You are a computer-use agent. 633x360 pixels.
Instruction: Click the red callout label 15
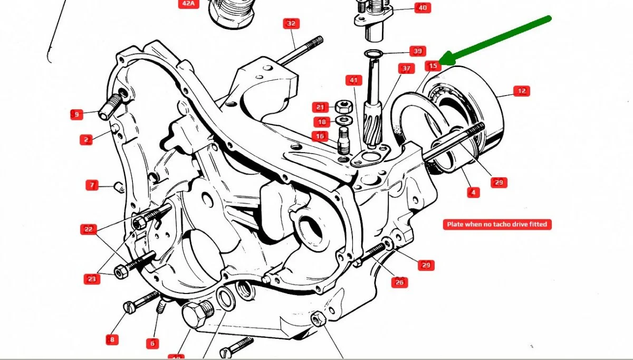[433, 66]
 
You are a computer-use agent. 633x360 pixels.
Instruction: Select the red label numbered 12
[521, 91]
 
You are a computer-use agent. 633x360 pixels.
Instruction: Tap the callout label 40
[422, 7]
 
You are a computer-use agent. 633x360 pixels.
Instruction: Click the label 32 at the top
[291, 23]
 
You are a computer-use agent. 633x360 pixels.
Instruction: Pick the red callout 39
[417, 51]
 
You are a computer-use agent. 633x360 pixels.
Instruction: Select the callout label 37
[406, 69]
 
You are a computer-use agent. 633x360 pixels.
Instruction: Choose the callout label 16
[319, 136]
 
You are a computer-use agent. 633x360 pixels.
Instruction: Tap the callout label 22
[88, 229]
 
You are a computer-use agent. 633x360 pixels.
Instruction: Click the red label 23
[92, 278]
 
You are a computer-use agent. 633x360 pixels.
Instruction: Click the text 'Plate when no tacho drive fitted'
[496, 224]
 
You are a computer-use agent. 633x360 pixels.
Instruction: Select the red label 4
[473, 193]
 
